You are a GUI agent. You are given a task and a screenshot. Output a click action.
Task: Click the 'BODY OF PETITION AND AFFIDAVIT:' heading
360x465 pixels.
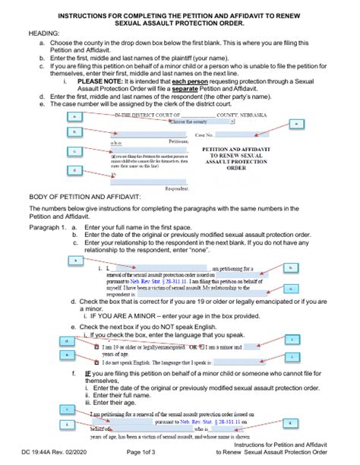coord(86,197)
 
